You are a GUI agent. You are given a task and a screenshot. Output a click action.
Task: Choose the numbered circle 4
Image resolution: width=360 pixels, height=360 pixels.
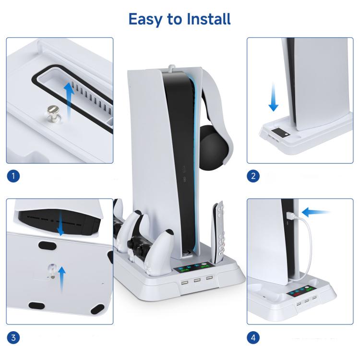[254, 337]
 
